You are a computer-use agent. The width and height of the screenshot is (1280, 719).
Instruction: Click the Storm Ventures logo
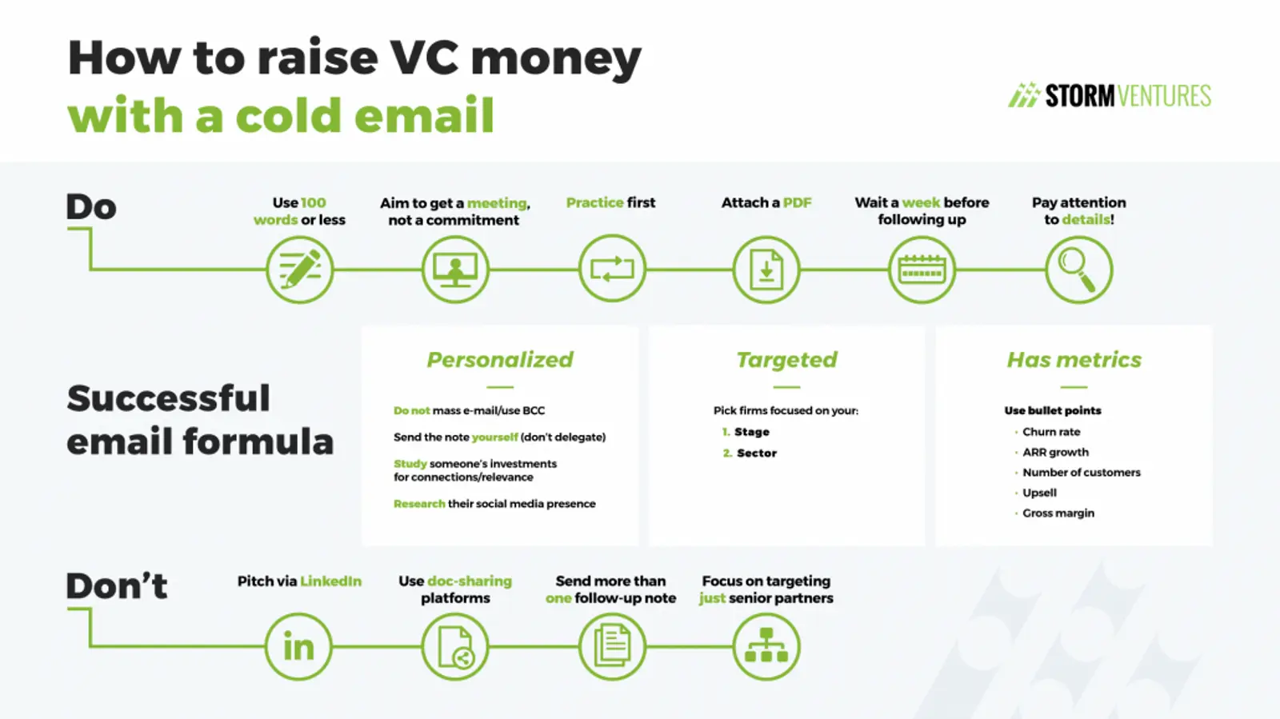(x=1109, y=96)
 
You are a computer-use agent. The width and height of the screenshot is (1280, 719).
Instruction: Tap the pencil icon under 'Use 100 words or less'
(x=299, y=270)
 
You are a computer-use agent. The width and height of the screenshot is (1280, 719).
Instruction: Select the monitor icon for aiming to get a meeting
(x=455, y=270)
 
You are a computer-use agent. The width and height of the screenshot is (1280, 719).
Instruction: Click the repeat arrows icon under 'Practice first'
(x=611, y=270)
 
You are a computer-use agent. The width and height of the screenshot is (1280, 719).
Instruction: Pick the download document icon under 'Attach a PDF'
(x=766, y=270)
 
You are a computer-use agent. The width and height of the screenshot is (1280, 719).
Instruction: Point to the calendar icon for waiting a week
(x=922, y=270)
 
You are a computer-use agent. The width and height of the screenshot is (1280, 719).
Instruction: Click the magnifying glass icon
(x=1078, y=270)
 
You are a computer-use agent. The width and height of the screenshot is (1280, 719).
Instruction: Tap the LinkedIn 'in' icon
(x=298, y=647)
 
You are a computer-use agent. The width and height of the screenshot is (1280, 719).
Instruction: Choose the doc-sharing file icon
(x=455, y=647)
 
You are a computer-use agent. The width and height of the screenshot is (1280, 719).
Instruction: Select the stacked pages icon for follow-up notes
(x=611, y=647)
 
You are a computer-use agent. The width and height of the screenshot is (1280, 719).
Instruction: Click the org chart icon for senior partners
(x=766, y=647)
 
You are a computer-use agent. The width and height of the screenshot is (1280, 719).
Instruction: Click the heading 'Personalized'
(x=500, y=360)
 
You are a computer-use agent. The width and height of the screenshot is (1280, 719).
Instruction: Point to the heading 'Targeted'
(x=786, y=360)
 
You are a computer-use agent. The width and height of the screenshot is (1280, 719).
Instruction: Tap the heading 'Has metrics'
(x=1074, y=360)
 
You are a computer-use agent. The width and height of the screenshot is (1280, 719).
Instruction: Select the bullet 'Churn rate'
(x=1051, y=432)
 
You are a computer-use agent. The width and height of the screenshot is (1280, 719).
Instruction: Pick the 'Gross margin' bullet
(x=1058, y=513)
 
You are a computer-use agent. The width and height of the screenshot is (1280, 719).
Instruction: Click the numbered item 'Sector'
(x=757, y=453)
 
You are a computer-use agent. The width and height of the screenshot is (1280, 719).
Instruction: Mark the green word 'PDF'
(x=797, y=203)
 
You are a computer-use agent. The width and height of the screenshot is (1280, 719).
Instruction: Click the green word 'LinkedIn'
(x=330, y=581)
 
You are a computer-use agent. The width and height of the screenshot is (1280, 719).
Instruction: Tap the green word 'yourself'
(x=494, y=437)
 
